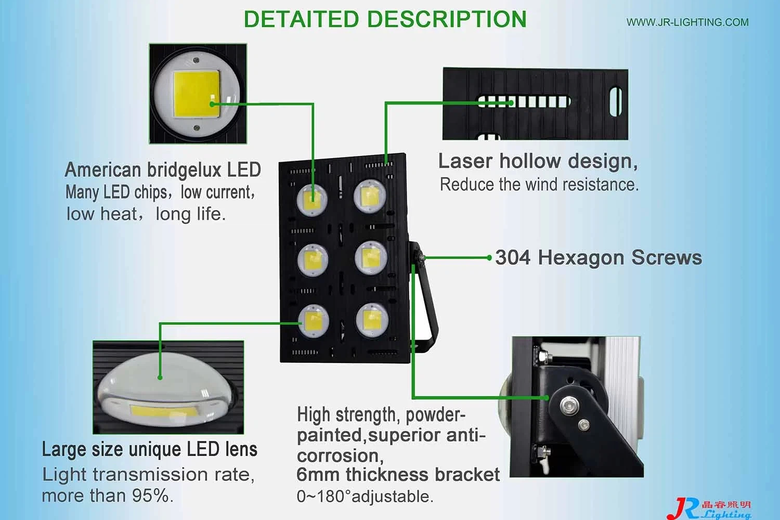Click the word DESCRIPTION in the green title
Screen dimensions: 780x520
tap(447, 19)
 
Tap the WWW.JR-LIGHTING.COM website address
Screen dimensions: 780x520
tap(687, 22)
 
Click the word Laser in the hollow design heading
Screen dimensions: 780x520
tap(465, 161)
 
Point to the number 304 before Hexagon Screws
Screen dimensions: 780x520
tap(513, 258)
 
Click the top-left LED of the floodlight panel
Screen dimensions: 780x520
tap(312, 200)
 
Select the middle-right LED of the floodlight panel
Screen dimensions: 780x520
tap(371, 258)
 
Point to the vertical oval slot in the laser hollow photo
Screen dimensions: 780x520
tap(615, 102)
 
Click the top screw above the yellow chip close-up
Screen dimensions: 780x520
tap(197, 60)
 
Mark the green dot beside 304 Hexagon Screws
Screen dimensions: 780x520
tap(489, 258)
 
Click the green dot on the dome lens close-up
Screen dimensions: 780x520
tap(160, 378)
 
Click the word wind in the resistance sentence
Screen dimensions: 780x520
tap(540, 185)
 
